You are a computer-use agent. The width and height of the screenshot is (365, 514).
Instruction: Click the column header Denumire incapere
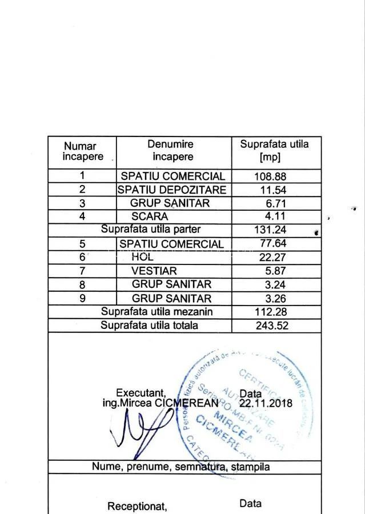tap(170, 151)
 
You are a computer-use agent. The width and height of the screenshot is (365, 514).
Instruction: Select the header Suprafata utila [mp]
tap(274, 151)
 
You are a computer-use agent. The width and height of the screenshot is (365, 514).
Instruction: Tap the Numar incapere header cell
tap(83, 151)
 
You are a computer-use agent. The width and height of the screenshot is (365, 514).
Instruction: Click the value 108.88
tap(270, 177)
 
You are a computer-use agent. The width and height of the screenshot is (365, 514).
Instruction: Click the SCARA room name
tap(150, 217)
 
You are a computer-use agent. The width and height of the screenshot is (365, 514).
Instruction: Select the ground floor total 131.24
tap(270, 230)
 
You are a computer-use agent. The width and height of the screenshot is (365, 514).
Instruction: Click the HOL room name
tap(142, 257)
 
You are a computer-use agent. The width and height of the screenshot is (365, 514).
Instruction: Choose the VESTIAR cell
tap(154, 271)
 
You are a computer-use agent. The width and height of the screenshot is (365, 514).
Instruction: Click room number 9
tap(82, 298)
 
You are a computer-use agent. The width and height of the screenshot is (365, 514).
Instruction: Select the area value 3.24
tap(275, 284)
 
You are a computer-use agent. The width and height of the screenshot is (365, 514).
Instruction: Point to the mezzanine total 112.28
tap(271, 312)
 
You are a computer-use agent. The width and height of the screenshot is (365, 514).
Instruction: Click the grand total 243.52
tap(271, 326)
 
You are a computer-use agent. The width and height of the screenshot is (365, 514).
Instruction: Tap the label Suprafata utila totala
tap(150, 325)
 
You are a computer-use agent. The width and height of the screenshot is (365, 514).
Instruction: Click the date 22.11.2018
tap(266, 403)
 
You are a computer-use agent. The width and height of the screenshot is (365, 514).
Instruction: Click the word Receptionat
tap(137, 507)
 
